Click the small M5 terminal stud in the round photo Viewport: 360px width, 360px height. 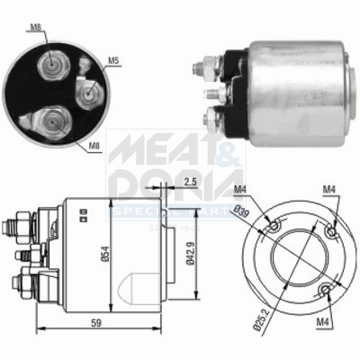tap(89, 90)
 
